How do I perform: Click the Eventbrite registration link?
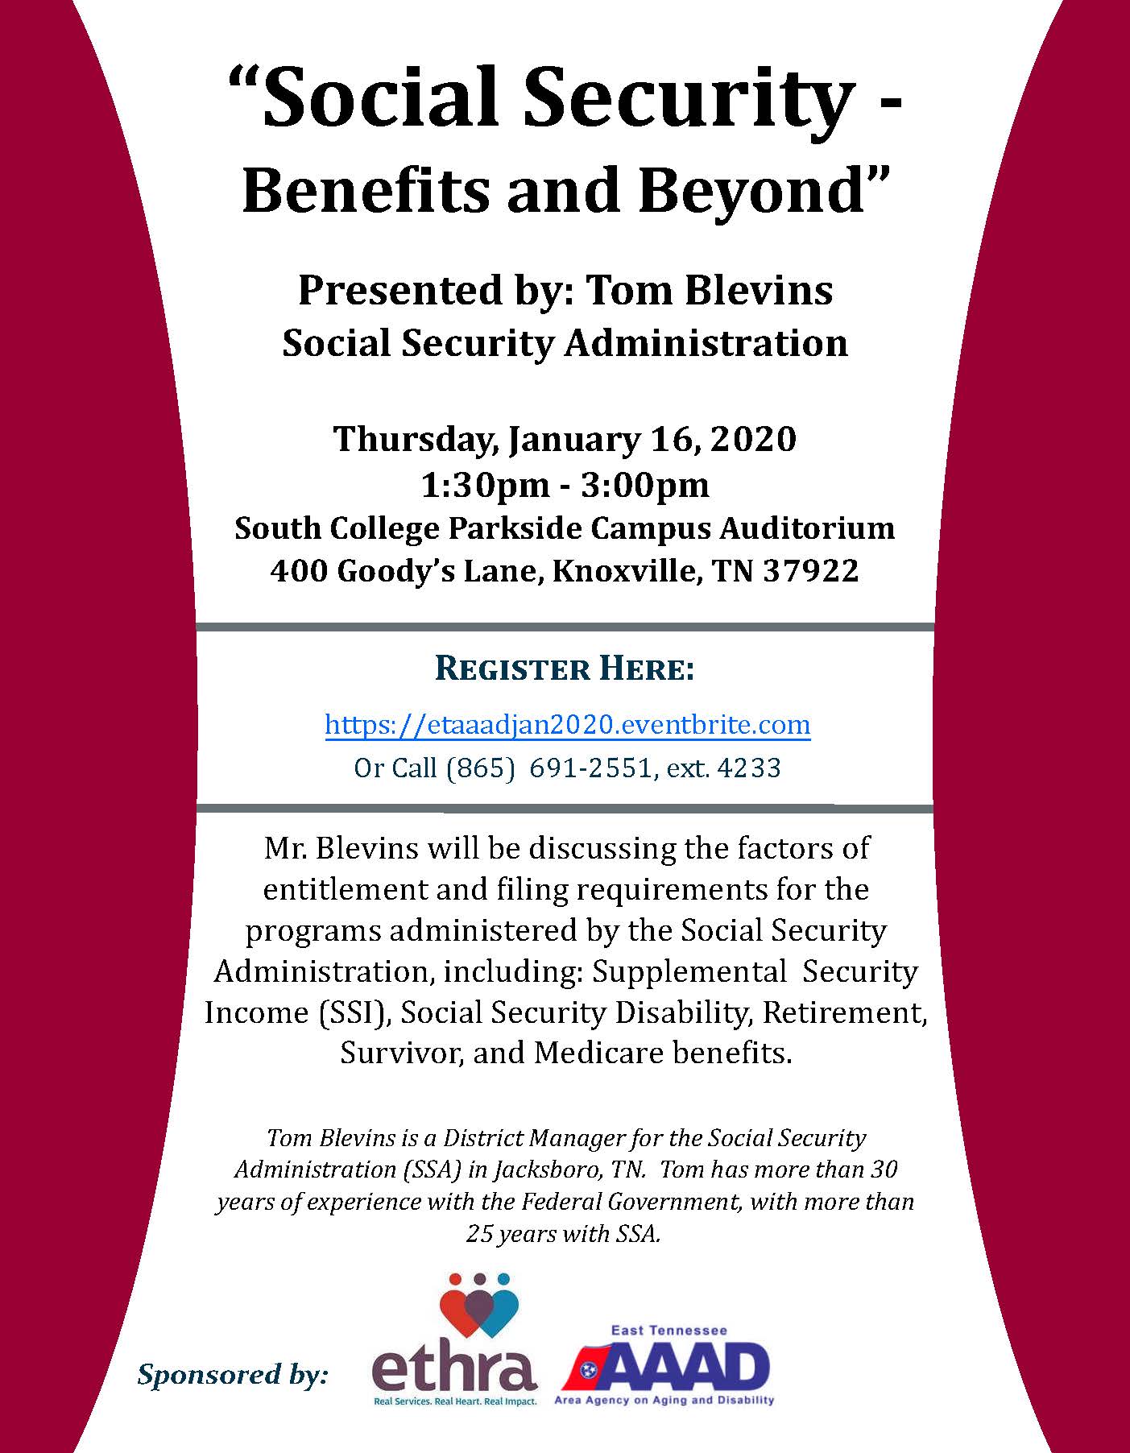tap(567, 725)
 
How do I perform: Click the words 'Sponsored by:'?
tap(233, 1374)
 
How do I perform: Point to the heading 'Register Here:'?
tap(565, 669)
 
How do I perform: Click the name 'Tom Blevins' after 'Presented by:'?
tap(710, 290)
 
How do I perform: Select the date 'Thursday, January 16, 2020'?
tap(565, 439)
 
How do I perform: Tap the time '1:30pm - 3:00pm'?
tap(565, 485)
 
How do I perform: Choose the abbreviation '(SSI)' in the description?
tap(350, 1012)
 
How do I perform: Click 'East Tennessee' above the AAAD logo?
tap(668, 1330)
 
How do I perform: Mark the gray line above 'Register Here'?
tap(565, 627)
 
